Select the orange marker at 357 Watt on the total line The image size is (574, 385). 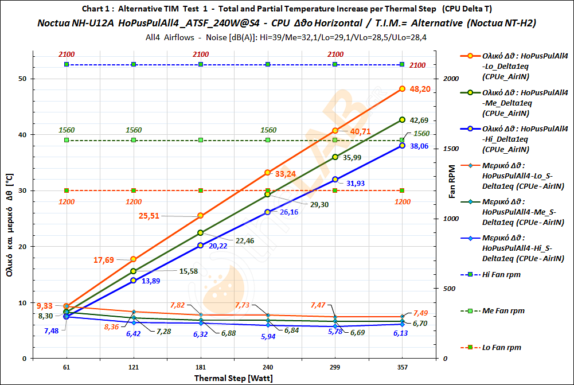(x=402, y=89)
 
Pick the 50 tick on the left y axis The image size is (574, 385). (x=24, y=79)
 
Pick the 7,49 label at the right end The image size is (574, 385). (x=422, y=313)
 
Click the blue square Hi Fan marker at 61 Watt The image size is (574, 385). (x=67, y=64)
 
